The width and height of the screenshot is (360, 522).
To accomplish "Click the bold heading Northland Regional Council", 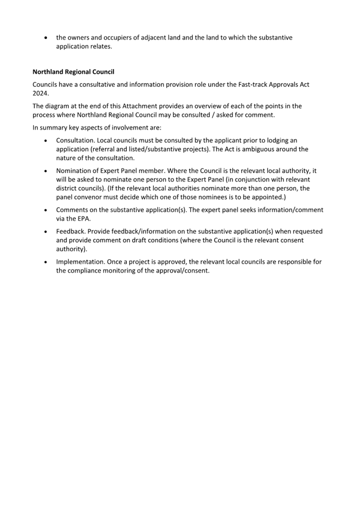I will [73, 71].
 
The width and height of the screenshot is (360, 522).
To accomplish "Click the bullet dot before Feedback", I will [46, 232].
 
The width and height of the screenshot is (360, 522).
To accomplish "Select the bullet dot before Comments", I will [46, 210].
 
